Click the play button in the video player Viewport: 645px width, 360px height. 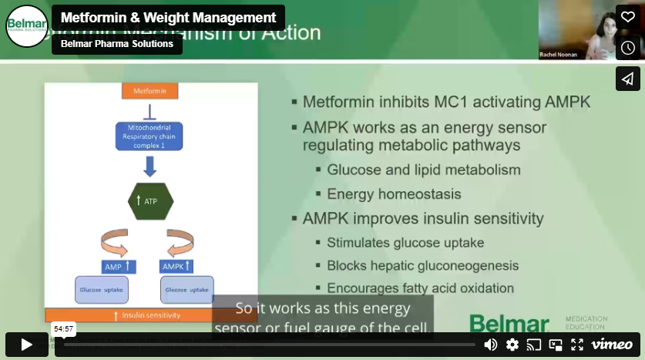(x=26, y=345)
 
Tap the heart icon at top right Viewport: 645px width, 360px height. (x=627, y=17)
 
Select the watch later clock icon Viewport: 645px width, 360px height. (x=627, y=48)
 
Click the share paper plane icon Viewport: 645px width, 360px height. (x=627, y=79)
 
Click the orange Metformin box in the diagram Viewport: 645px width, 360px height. (x=150, y=91)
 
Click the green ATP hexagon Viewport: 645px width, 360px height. (x=150, y=202)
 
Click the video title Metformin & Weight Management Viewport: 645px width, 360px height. (x=168, y=18)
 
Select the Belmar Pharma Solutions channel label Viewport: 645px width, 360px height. (x=117, y=44)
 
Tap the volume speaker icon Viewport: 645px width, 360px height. (x=490, y=345)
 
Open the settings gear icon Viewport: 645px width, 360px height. (x=512, y=345)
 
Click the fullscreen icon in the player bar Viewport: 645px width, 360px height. (x=577, y=345)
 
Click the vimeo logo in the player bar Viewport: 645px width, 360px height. (x=612, y=345)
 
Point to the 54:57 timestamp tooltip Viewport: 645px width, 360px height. (x=63, y=329)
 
